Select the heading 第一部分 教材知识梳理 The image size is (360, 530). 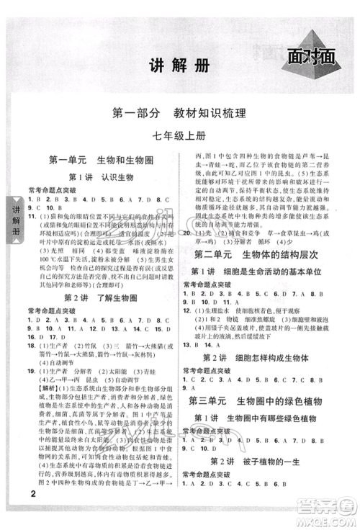pyautogui.click(x=180, y=113)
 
